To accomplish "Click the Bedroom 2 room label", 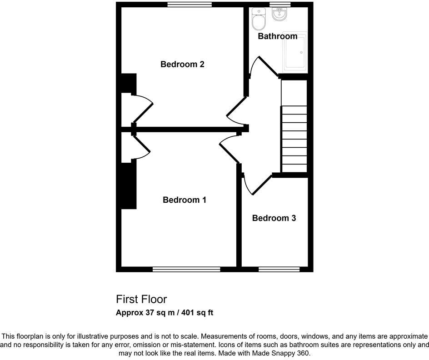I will pyautogui.click(x=182, y=64).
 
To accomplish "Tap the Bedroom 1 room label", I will pyautogui.click(x=185, y=200).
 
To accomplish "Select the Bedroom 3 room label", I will pyautogui.click(x=274, y=218).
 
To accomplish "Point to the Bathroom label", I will pyautogui.click(x=277, y=36).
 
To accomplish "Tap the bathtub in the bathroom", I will pyautogui.click(x=295, y=52).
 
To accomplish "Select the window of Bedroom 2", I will pyautogui.click(x=190, y=5).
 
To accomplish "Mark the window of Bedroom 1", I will pyautogui.click(x=186, y=270).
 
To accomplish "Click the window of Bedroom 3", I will pyautogui.click(x=279, y=270).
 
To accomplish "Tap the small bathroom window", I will pyautogui.click(x=279, y=5).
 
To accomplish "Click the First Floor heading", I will pyautogui.click(x=141, y=299).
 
